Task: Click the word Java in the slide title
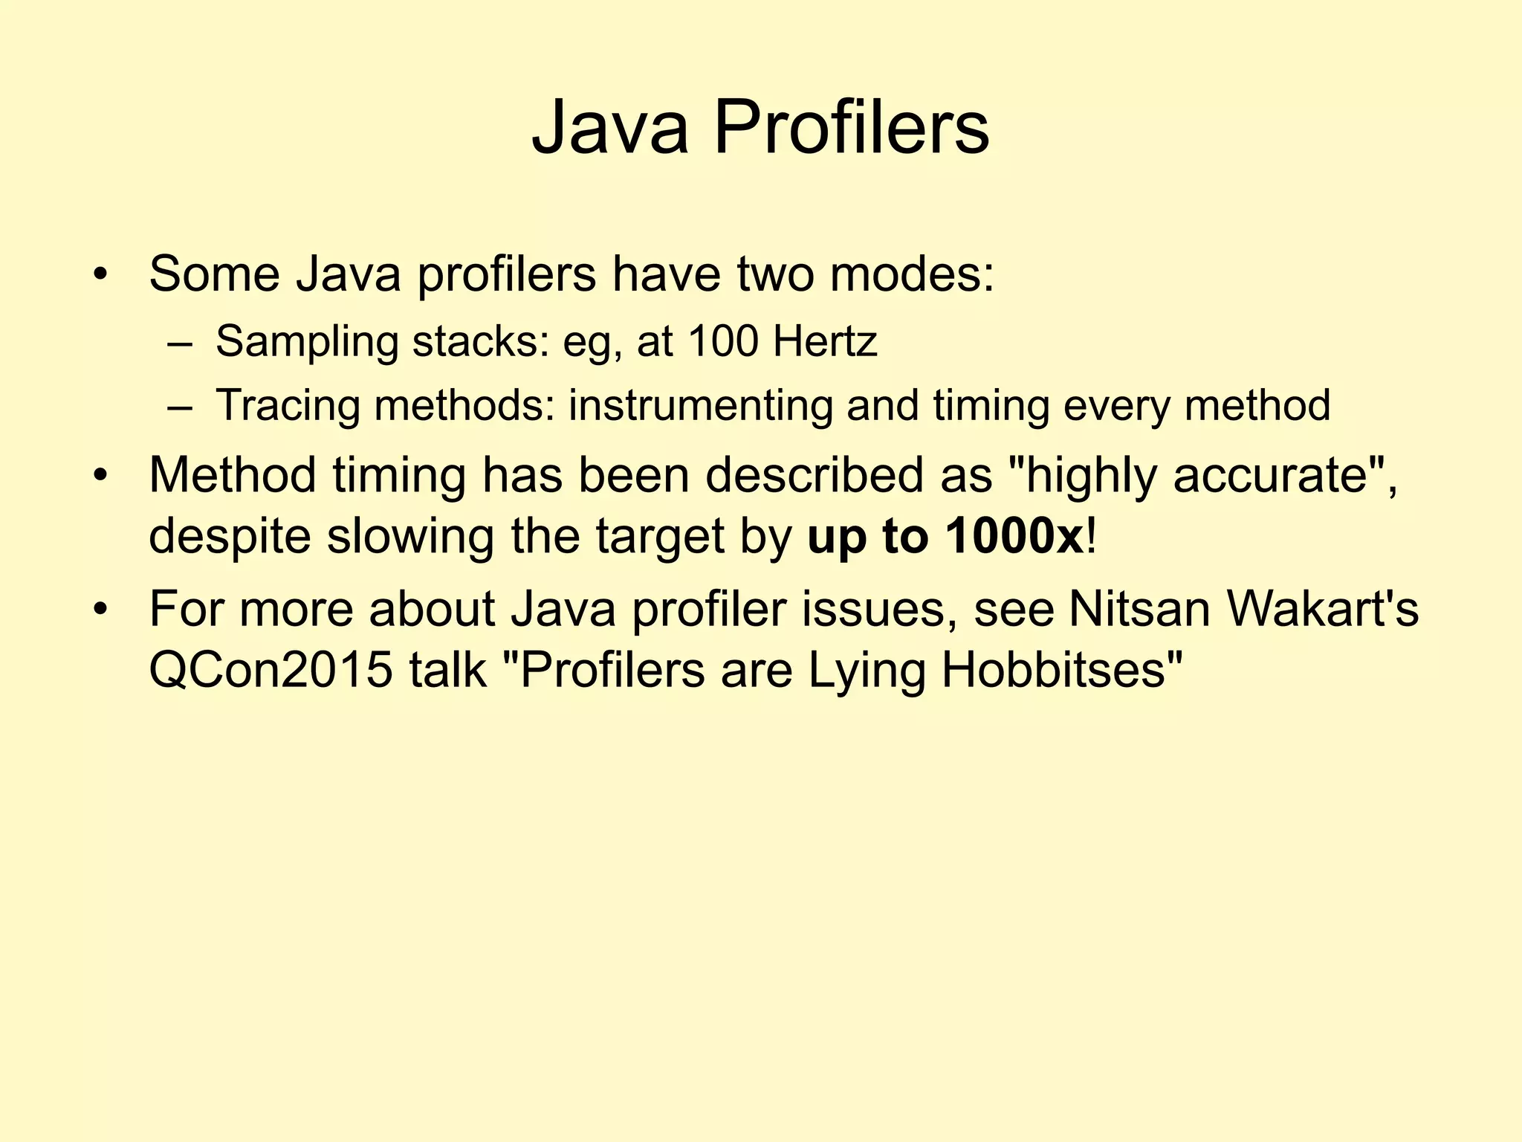[609, 128]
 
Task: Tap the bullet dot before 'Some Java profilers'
[101, 276]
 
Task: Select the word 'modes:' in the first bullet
[912, 274]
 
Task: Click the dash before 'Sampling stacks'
[179, 344]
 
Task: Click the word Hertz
[825, 341]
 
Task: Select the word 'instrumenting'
[700, 407]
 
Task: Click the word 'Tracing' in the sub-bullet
[288, 407]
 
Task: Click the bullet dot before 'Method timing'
[101, 477]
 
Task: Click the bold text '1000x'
[1014, 537]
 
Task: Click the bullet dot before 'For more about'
[101, 610]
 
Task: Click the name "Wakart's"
[1322, 609]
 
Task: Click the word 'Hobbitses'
[1061, 671]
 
